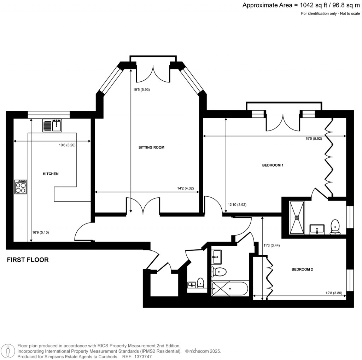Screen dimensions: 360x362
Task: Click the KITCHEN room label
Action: [x=51, y=174]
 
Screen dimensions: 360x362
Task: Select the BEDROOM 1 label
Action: [x=273, y=165]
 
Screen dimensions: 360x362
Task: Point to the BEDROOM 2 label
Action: [x=302, y=269]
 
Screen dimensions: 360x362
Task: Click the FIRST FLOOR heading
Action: [x=28, y=260]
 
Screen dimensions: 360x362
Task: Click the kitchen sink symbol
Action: [x=52, y=125]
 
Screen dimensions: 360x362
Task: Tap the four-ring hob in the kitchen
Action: [x=21, y=187]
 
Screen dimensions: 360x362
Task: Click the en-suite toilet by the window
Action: [x=334, y=227]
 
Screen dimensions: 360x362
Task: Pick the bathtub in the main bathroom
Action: [x=229, y=289]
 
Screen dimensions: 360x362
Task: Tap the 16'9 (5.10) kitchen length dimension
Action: [x=40, y=233]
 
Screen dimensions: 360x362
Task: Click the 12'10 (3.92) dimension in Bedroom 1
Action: [x=237, y=204]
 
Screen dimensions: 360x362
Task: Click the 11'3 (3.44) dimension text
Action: [x=272, y=245]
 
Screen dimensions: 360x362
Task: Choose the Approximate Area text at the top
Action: [x=301, y=5]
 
